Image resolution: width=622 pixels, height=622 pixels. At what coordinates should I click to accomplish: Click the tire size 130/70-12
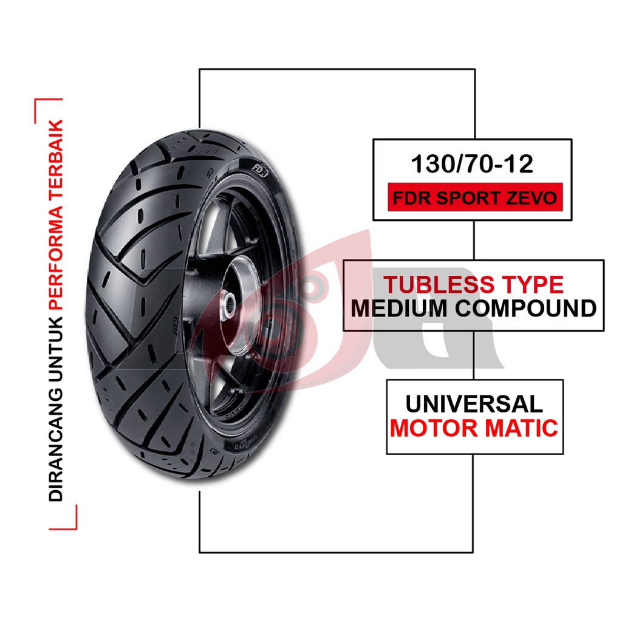point(472,164)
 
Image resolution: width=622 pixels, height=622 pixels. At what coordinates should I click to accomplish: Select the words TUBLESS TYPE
point(473,284)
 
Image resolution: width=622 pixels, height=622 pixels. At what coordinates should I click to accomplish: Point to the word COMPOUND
point(526,309)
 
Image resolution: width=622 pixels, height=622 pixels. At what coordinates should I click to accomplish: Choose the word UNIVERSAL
point(474,404)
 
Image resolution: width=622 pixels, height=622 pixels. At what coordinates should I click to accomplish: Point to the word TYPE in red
point(530,284)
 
